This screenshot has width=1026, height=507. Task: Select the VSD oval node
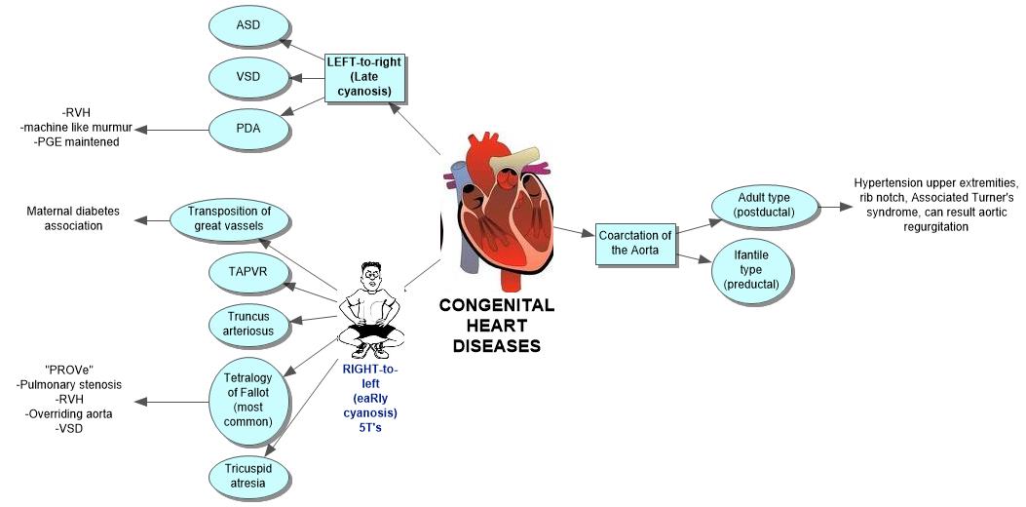pos(248,77)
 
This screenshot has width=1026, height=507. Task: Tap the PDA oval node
pos(248,127)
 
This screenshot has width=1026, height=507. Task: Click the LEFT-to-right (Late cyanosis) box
pos(365,79)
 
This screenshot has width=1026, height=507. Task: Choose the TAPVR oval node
pos(247,273)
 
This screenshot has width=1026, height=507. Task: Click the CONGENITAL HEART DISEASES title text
pos(497,325)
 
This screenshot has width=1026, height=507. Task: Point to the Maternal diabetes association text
pos(78,218)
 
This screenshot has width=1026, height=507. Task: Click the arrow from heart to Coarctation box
pos(574,234)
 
